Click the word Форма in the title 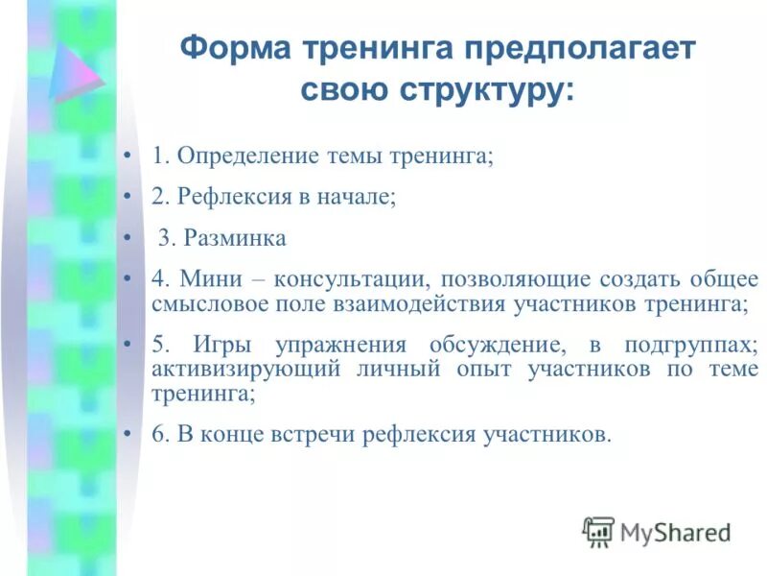[234, 49]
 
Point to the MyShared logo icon [598, 531]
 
